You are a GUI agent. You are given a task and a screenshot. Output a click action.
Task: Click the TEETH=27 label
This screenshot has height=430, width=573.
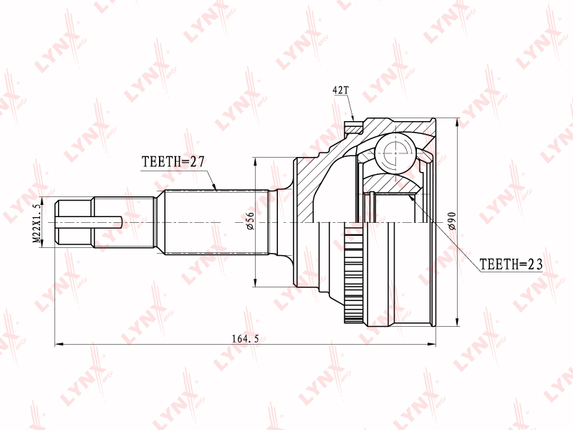tap(173, 161)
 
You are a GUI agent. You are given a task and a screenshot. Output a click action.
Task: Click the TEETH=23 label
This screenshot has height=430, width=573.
tap(511, 264)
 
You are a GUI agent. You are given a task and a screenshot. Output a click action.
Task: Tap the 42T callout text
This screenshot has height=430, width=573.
tap(341, 90)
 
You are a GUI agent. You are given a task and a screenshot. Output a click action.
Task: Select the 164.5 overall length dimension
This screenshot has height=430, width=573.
tap(245, 339)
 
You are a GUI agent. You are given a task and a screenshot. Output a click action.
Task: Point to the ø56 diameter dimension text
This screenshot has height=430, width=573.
tap(250, 221)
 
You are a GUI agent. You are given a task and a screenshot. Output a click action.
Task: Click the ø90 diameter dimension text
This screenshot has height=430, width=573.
tap(452, 221)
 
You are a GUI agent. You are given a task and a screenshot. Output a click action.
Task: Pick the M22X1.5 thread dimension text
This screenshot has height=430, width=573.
tap(37, 223)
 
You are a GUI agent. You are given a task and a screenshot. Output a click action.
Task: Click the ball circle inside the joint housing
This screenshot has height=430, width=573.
tap(396, 152)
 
